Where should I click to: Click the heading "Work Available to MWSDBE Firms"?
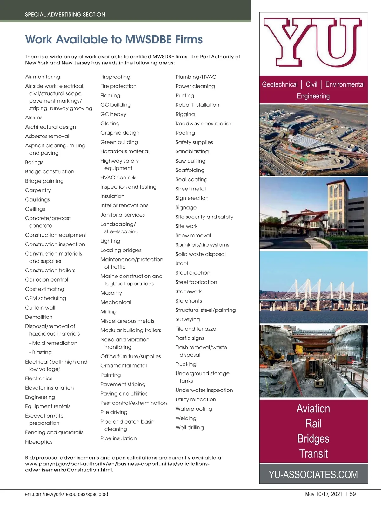(114, 40)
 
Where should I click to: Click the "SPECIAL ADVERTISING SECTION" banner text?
(65, 15)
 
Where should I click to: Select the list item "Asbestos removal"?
(47, 136)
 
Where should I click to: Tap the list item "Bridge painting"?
(44, 181)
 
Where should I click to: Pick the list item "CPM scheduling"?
(46, 298)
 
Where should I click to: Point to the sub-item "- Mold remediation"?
(53, 343)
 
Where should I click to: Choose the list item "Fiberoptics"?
(39, 442)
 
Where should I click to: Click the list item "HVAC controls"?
(118, 177)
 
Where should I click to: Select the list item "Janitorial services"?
(123, 215)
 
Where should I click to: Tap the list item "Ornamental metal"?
(124, 365)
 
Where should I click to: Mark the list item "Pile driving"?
(114, 412)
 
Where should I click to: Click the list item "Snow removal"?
(193, 236)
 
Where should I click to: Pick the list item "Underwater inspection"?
(204, 390)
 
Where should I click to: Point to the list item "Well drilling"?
(190, 427)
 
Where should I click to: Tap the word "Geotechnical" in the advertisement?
(280, 84)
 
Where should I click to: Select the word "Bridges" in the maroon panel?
(313, 438)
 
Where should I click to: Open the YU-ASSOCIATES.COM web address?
(313, 474)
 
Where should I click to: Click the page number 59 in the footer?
(353, 494)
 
